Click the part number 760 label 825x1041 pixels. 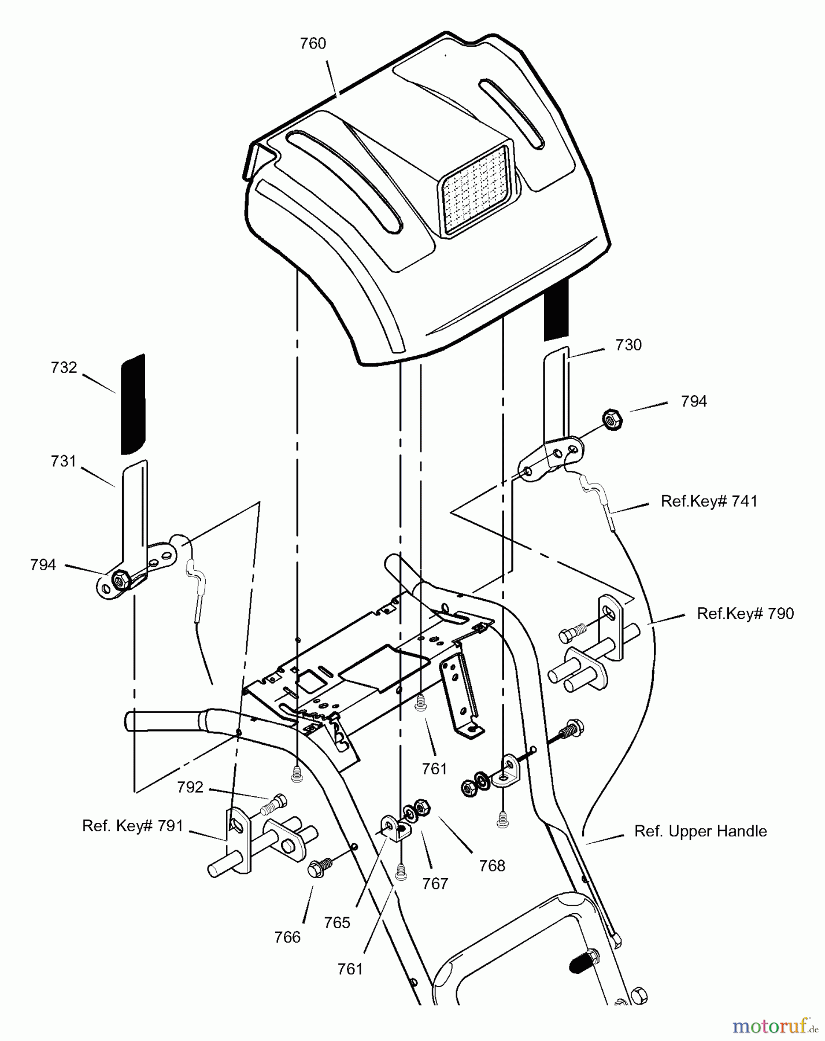313,44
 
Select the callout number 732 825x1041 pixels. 64,368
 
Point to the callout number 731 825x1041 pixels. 64,462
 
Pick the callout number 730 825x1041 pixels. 628,345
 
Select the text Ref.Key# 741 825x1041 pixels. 709,501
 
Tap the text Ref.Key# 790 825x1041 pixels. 745,613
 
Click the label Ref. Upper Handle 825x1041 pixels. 701,831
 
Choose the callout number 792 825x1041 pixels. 190,787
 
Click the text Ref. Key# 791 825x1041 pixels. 132,826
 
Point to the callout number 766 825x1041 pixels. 288,936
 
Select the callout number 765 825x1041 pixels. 337,922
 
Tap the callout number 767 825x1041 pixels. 435,884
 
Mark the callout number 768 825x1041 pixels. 492,866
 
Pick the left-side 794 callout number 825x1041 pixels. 43,565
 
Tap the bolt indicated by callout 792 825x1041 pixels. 275,802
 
